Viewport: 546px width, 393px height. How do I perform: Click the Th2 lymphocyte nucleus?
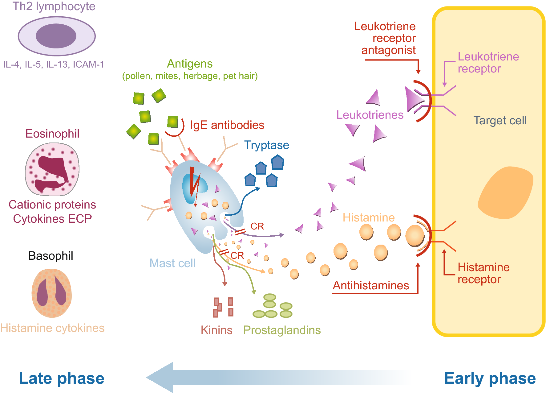(56, 36)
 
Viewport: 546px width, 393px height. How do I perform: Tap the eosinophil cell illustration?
(52, 169)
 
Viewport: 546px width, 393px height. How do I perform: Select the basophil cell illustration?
(52, 293)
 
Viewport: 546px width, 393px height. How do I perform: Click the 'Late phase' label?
(62, 378)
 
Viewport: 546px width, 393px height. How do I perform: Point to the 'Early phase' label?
(490, 378)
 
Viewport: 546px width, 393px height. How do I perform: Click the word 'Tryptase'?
(266, 145)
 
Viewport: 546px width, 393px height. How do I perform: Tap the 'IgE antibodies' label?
(227, 125)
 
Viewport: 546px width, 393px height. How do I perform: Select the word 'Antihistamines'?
(371, 285)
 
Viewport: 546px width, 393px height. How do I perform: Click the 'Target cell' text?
(500, 120)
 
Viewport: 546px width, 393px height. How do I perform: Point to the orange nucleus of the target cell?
(505, 193)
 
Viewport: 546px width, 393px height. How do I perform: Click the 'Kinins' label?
(216, 330)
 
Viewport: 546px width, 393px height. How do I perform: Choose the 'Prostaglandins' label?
(282, 330)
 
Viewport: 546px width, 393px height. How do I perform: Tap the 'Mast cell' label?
(172, 263)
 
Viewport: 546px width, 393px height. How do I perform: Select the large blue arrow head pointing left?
(160, 377)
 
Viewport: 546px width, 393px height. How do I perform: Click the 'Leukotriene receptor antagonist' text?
(388, 38)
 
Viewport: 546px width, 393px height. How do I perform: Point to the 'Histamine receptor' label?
(483, 273)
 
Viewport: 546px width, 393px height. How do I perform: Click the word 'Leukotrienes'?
(370, 115)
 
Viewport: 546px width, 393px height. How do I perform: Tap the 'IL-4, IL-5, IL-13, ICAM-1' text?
(54, 64)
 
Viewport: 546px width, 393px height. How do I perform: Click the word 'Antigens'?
(190, 64)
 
